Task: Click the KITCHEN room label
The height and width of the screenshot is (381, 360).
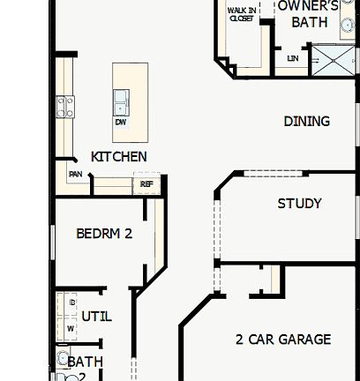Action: click(119, 156)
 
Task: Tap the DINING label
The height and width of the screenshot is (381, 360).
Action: click(306, 121)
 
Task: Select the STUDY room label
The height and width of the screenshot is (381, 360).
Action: click(299, 203)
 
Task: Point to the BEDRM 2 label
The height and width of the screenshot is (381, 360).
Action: click(104, 234)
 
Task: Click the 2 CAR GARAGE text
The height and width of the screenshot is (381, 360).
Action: click(283, 339)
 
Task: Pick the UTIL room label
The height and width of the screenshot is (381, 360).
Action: click(96, 316)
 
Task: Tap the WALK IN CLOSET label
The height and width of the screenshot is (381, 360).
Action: click(242, 13)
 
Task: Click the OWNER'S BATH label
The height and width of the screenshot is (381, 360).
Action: click(308, 12)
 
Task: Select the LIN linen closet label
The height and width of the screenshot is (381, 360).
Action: click(292, 59)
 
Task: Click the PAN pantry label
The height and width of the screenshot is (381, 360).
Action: click(77, 175)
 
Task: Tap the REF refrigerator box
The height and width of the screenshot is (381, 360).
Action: click(146, 185)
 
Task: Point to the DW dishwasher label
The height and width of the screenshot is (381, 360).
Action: click(120, 122)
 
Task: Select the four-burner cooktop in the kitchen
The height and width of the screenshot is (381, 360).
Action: click(65, 107)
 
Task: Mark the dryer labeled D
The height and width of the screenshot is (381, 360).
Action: click(71, 303)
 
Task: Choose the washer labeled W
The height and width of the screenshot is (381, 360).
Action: click(71, 327)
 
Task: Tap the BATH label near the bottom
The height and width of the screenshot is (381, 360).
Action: click(86, 362)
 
